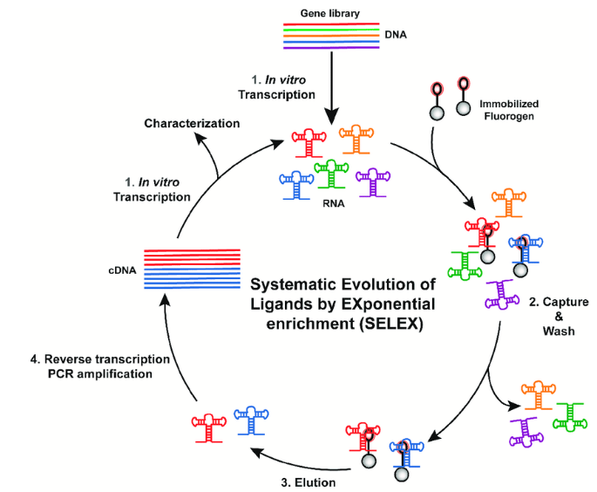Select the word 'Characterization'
pyautogui.click(x=192, y=123)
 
